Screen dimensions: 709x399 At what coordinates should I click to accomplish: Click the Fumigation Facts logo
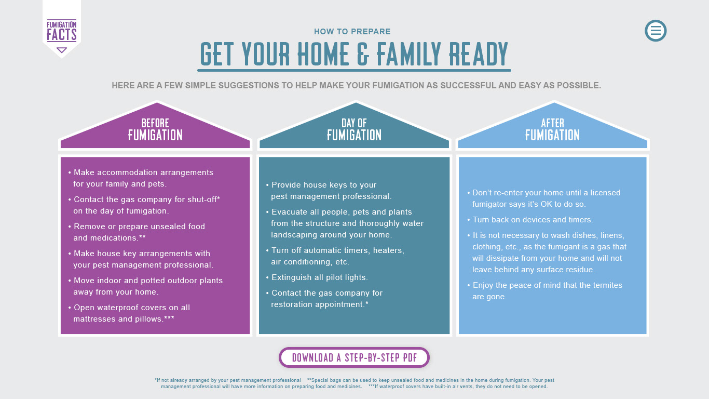[62, 31]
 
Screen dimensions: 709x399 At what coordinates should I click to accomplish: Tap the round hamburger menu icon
[656, 31]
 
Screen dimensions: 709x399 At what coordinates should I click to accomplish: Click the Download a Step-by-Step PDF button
[354, 357]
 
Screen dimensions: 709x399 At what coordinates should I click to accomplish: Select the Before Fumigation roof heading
[155, 129]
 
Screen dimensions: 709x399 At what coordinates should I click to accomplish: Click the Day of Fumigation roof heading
[354, 129]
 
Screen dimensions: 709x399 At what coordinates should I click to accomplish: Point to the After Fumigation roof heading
[553, 129]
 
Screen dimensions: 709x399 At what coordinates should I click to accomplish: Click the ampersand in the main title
[363, 54]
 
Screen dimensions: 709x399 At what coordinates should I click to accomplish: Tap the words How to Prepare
[352, 31]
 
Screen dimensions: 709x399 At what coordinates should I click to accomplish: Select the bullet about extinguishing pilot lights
[317, 277]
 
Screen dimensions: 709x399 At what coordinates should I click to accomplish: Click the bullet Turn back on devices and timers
[530, 220]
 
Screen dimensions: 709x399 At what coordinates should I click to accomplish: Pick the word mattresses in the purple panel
[94, 319]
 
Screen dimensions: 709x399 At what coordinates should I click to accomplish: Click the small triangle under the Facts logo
[62, 50]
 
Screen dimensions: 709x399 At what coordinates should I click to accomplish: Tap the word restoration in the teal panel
[292, 304]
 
